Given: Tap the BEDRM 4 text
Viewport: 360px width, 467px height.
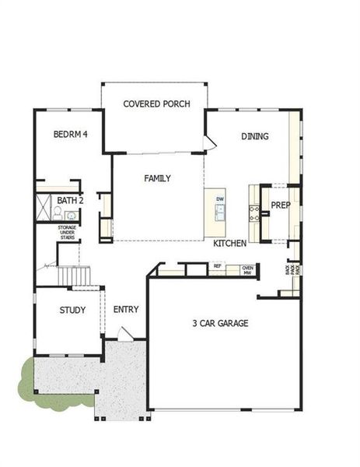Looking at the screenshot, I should tap(70, 135).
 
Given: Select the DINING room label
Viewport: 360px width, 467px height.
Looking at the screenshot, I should tap(254, 136).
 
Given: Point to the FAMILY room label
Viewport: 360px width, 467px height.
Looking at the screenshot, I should tap(158, 178).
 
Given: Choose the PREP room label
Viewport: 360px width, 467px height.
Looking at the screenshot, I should tap(280, 206).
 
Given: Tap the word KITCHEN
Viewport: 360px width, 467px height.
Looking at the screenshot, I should tap(230, 244).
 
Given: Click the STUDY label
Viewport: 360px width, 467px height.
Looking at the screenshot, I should tap(73, 310).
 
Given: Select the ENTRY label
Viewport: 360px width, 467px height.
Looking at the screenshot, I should tap(126, 310).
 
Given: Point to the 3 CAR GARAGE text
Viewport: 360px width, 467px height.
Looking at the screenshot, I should tap(221, 323).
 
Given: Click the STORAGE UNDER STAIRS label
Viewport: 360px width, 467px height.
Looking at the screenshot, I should tap(68, 233).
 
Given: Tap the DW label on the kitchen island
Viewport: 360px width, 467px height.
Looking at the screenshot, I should tap(220, 200).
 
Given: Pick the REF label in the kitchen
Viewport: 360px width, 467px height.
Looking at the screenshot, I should tap(218, 266).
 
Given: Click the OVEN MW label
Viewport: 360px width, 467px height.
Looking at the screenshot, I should tap(247, 270).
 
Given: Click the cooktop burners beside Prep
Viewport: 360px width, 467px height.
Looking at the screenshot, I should tap(253, 210).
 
